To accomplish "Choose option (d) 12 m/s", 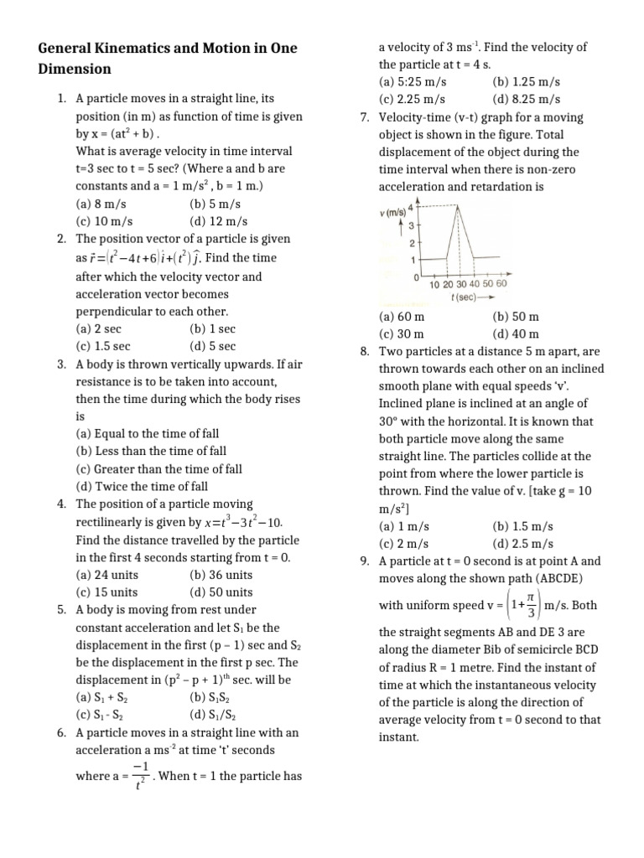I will coord(219,222).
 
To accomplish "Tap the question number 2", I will coord(62,240).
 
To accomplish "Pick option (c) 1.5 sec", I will coord(103,346).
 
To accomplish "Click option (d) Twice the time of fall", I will coord(142,486).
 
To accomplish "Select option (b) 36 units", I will coord(221,575).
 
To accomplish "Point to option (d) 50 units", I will coord(221,592).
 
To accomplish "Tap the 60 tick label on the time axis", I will coord(501,285).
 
